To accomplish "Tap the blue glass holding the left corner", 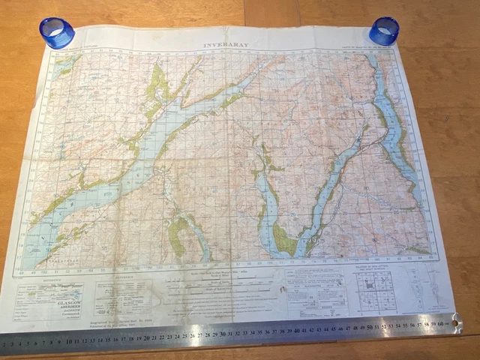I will coord(57,32).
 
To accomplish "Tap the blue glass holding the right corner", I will coord(384,31).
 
